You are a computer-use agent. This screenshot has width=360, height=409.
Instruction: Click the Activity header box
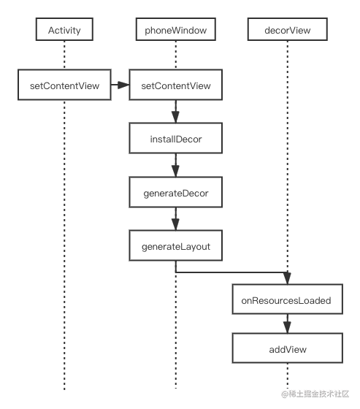pos(64,29)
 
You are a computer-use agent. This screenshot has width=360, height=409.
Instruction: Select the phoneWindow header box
pos(176,29)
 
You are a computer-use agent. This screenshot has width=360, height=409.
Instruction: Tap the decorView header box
pos(288,29)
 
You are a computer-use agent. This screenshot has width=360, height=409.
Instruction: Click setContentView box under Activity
pos(64,85)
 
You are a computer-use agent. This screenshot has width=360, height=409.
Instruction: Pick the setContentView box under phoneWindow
pos(176,85)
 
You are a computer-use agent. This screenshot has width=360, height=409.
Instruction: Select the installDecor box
pos(176,138)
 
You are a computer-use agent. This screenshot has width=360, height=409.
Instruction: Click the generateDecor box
pos(176,192)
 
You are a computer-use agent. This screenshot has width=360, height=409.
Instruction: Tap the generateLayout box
pos(176,245)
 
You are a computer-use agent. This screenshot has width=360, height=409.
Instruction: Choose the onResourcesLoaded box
pos(288,299)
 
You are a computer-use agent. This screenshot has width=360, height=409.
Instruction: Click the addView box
pos(288,348)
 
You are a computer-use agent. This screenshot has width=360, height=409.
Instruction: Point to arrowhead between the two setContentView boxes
pos(123,85)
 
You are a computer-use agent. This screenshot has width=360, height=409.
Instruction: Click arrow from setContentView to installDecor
pos(175,111)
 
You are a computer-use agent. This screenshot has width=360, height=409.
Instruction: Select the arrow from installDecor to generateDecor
pos(175,165)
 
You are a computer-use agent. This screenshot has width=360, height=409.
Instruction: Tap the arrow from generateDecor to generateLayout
pos(175,219)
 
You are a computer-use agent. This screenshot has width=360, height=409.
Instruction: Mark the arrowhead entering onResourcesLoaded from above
pos(287,278)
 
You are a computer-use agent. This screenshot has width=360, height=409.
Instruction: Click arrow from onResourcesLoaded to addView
pos(287,324)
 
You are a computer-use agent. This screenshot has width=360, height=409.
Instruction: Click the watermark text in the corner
pos(315,394)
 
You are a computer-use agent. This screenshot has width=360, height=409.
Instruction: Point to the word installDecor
pos(176,139)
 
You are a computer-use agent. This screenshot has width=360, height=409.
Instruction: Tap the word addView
pos(288,349)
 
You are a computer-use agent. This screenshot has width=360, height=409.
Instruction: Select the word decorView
pos(288,30)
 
